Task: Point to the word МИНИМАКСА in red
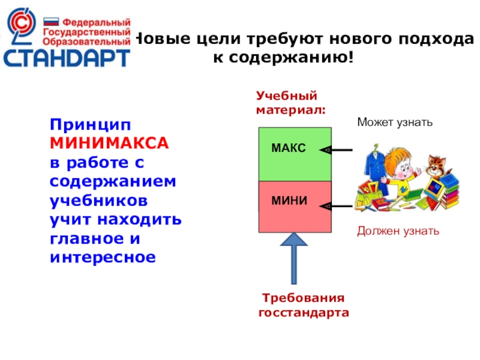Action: (x=109, y=143)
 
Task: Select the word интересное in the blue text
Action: (x=103, y=257)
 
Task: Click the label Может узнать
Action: (x=394, y=122)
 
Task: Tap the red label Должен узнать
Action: (x=398, y=231)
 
